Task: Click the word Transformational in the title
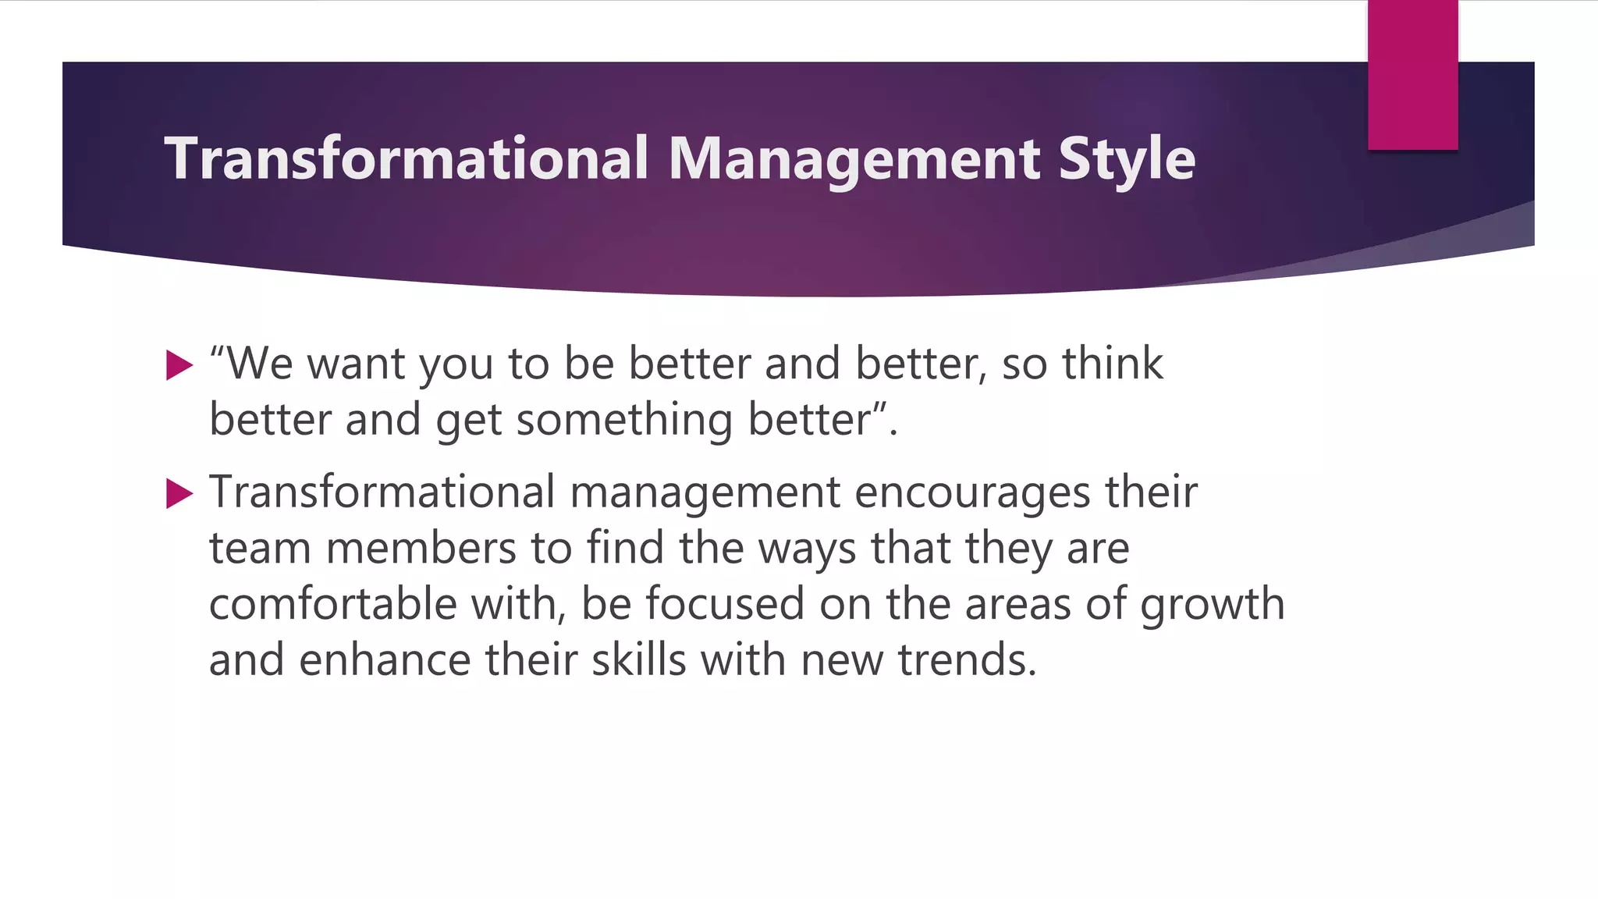pyautogui.click(x=406, y=158)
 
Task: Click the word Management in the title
pyautogui.click(x=854, y=158)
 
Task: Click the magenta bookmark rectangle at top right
pyautogui.click(x=1412, y=74)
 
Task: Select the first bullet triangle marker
pyautogui.click(x=179, y=365)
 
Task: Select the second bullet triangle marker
pyautogui.click(x=179, y=493)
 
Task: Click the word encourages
pyautogui.click(x=972, y=492)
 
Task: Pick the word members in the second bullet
pyautogui.click(x=421, y=548)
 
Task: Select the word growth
pyautogui.click(x=1212, y=606)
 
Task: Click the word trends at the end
pyautogui.click(x=966, y=660)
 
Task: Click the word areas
pyautogui.click(x=1017, y=604)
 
